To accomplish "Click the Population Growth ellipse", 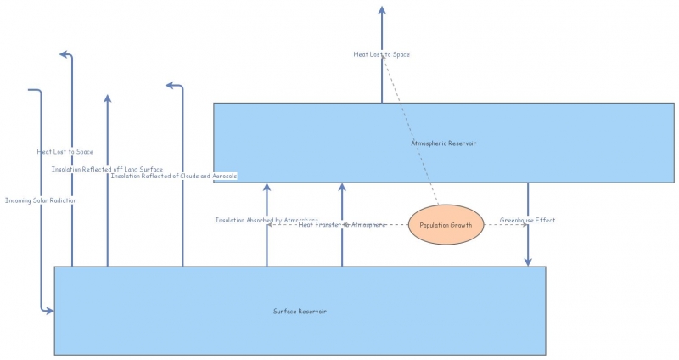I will [x=446, y=225].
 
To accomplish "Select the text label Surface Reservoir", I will [x=300, y=312].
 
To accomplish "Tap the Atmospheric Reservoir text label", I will [x=443, y=143].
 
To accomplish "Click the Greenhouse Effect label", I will [x=526, y=221].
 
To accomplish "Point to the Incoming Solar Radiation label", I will [x=41, y=200].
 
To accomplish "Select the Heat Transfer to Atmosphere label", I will [x=342, y=225].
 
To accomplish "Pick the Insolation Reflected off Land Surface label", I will [x=107, y=170].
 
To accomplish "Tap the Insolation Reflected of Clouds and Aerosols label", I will [x=174, y=176].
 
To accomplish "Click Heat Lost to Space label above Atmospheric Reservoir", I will [x=381, y=54].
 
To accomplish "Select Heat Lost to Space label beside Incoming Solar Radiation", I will [x=65, y=152].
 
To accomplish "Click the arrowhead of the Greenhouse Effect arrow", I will [x=528, y=262].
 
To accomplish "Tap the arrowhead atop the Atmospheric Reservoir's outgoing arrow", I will [x=382, y=10].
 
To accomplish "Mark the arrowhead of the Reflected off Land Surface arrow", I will [x=107, y=98].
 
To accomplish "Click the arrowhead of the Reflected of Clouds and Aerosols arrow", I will [x=171, y=85].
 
